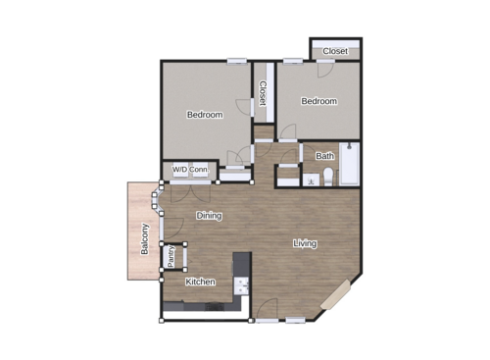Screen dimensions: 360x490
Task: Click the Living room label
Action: click(305, 243)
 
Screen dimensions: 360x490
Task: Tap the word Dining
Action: click(209, 216)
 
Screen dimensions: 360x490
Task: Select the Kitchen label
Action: click(200, 283)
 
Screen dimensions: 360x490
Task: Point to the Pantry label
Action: click(172, 256)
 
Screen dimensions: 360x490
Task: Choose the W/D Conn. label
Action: click(190, 170)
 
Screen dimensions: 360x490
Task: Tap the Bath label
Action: click(324, 156)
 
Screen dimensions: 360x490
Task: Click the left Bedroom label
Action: click(205, 115)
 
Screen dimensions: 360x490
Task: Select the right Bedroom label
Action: click(318, 101)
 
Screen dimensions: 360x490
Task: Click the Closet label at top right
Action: click(335, 51)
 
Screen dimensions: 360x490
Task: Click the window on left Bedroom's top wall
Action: click(236, 62)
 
